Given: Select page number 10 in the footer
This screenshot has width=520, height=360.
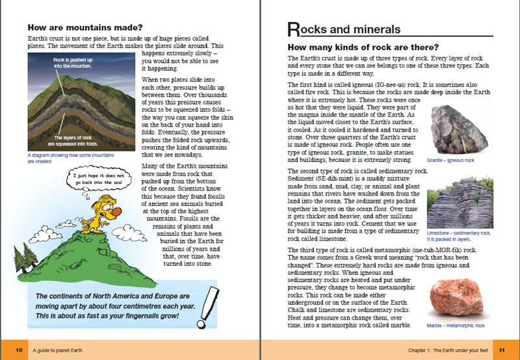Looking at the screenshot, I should click(19, 350).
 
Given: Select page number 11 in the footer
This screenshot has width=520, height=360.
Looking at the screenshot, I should click(501, 350).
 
